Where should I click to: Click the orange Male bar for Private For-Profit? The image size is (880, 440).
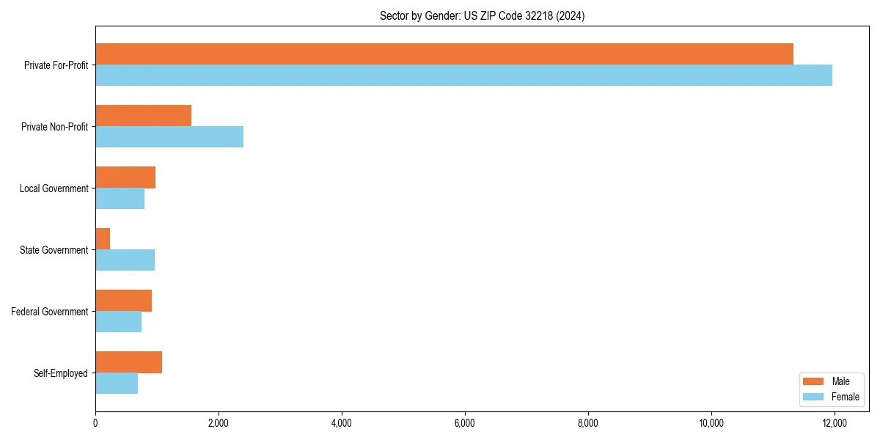[444, 54]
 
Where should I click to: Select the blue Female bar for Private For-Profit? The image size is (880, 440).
[463, 76]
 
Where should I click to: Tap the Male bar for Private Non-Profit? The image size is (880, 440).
[143, 116]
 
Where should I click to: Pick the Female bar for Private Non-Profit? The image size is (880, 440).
[169, 137]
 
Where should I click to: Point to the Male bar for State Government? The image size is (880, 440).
[103, 239]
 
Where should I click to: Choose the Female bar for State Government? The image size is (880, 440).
[125, 260]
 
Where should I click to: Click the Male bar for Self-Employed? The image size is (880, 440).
[128, 362]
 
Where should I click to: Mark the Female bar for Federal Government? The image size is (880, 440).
[118, 322]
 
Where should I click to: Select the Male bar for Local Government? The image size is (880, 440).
[125, 177]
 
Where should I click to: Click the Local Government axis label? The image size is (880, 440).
[54, 188]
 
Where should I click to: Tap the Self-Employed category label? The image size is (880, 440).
[61, 373]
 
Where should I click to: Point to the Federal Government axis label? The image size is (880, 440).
[50, 312]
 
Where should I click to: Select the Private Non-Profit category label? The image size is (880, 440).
[54, 127]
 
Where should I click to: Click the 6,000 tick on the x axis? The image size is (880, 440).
[465, 423]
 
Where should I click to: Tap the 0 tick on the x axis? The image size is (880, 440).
[95, 423]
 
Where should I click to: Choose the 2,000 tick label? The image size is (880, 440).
[219, 423]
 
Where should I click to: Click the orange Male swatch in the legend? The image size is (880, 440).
[813, 381]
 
